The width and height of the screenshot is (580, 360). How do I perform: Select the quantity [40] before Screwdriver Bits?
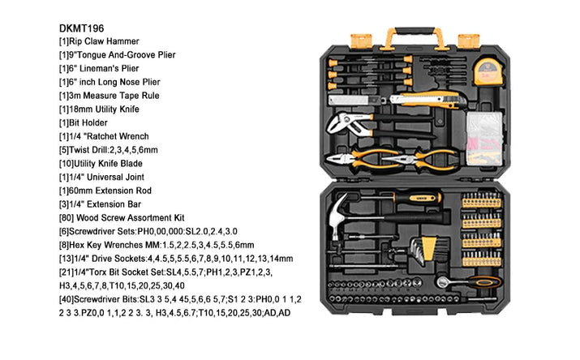(x=90, y=298)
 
